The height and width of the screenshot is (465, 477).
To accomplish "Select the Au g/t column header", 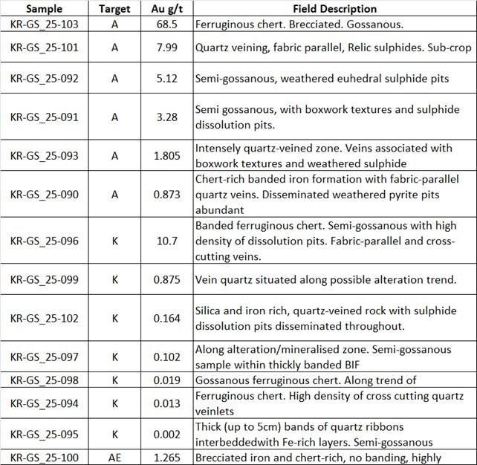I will coord(163,9).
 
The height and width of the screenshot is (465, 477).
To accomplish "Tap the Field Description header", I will coord(334,9).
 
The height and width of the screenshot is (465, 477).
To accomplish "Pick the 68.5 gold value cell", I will coord(163,25).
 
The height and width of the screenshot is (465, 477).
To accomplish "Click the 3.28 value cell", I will coord(163,116).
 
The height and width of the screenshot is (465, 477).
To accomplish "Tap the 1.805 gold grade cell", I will coord(163,155).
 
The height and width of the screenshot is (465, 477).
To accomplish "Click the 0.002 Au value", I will coord(163,435).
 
